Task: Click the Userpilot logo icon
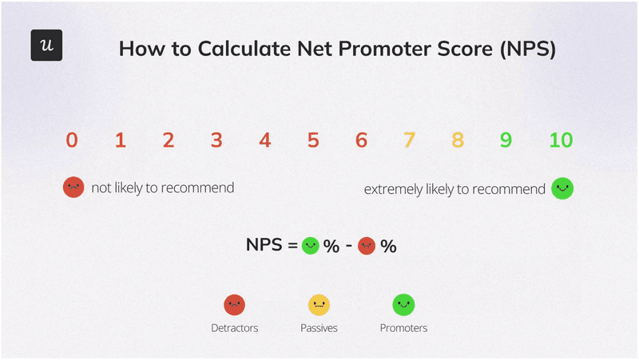coord(46,45)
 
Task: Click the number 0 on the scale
coord(72,140)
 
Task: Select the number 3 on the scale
coord(216,140)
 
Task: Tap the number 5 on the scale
coord(313,140)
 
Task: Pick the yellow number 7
coord(409,140)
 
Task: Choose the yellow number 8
coord(458,140)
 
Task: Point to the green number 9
coord(506,140)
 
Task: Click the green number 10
coord(562,140)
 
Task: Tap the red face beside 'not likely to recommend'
coord(73,188)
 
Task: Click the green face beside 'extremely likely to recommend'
coord(563,188)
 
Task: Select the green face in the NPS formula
coord(311,246)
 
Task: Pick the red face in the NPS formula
coord(367,246)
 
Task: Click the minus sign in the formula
coord(349,247)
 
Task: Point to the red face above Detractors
coord(234,304)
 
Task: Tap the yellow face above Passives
coord(319,304)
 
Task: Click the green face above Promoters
coord(403,304)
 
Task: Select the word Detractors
coord(234,328)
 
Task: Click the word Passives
coord(319,328)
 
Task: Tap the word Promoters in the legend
coord(403,328)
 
